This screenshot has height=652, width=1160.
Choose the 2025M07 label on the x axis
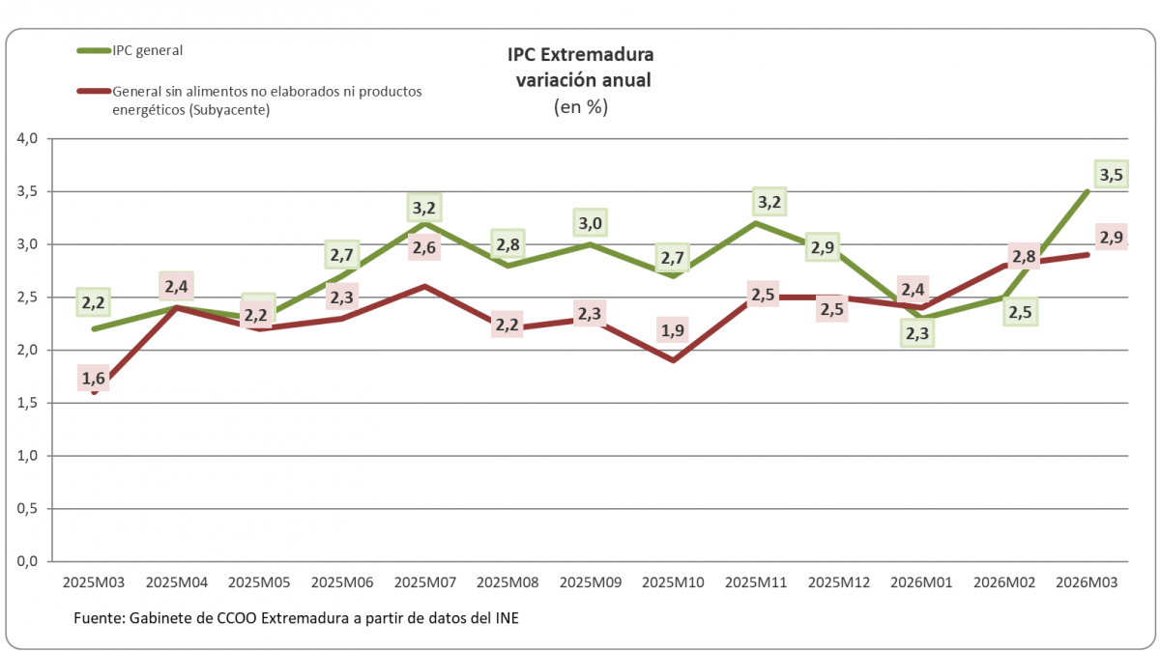pyautogui.click(x=424, y=583)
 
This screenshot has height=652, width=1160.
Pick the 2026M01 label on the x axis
pyautogui.click(x=920, y=583)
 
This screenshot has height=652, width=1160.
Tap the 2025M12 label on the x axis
pyautogui.click(x=838, y=583)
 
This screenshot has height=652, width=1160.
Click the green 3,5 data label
pyautogui.click(x=1111, y=175)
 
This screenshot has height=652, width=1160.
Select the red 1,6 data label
pyautogui.click(x=94, y=380)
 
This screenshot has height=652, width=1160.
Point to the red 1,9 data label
pyautogui.click(x=672, y=331)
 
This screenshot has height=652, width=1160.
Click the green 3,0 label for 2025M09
pyautogui.click(x=590, y=224)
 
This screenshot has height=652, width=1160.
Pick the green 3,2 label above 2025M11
pyautogui.click(x=770, y=203)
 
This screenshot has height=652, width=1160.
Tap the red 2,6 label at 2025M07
pyautogui.click(x=424, y=248)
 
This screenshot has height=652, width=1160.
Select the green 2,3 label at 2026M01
pyautogui.click(x=919, y=333)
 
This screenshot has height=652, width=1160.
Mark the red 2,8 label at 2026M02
pyautogui.click(x=1024, y=257)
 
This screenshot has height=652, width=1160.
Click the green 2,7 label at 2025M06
pyautogui.click(x=342, y=256)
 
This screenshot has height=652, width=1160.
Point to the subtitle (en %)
pyautogui.click(x=581, y=107)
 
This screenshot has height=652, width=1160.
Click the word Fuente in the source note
pyautogui.click(x=98, y=618)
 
